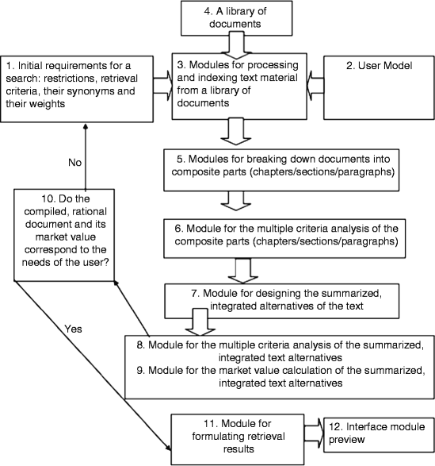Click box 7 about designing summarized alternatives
pos(278,298)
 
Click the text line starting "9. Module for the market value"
pos(278,374)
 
